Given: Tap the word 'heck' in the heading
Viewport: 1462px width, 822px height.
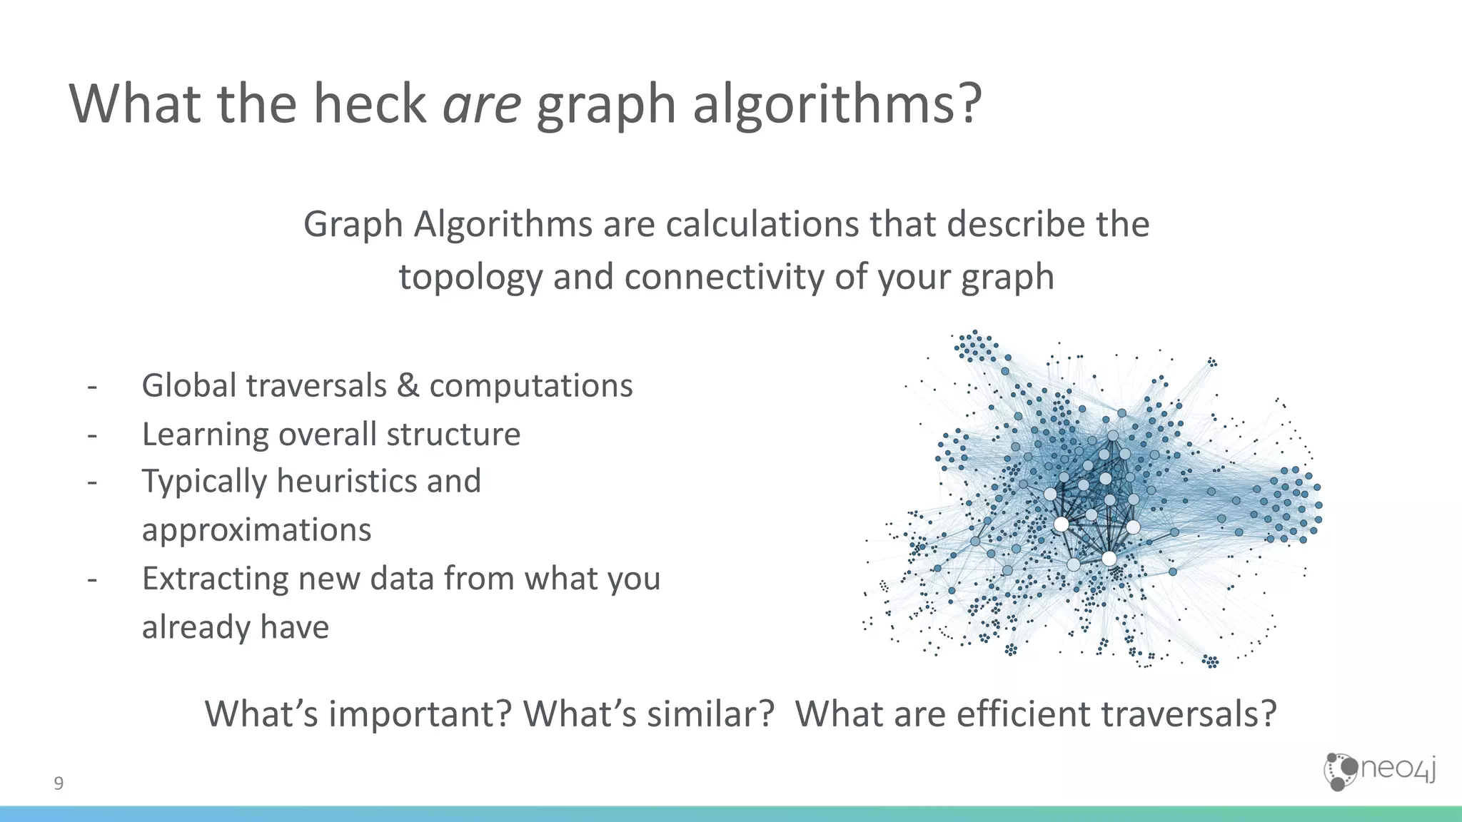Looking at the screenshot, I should pos(369,104).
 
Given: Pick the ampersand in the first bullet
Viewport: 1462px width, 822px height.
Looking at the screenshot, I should pos(408,386).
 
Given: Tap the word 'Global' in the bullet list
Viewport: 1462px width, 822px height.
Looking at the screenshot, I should pos(189,386).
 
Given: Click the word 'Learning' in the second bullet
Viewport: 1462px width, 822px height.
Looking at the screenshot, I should pos(204,435).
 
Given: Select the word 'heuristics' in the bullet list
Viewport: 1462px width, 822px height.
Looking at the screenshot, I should pos(347,481).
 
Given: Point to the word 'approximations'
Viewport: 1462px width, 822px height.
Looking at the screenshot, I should pos(257,530).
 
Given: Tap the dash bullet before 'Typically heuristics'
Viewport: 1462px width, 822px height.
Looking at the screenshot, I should pos(92,482).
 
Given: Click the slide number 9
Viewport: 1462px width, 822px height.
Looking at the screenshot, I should pos(59,783).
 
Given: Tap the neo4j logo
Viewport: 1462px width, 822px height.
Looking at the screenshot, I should pos(1379,771).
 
